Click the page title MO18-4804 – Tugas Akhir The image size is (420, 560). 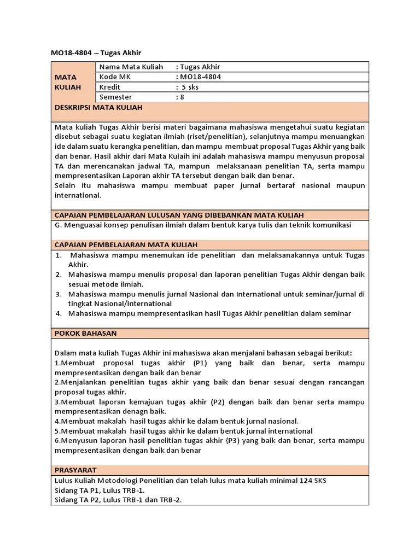point(96,52)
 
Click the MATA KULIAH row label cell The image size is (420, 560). point(68,82)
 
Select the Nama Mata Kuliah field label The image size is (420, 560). point(131,67)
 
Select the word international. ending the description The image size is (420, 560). point(78,195)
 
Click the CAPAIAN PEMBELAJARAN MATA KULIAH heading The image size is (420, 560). point(126,244)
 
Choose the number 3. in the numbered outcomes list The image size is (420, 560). point(59,294)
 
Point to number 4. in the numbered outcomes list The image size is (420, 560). point(59,313)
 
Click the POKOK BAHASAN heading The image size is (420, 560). point(86,332)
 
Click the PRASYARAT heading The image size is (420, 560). point(76,470)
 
